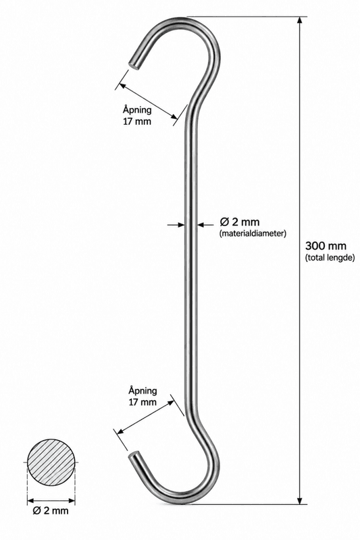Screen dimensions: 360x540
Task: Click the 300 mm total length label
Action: coord(326,246)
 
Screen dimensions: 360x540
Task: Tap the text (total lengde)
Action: coord(330,258)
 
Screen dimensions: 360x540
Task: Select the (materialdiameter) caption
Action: coord(253,234)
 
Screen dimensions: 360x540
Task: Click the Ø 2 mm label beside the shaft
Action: coord(239,222)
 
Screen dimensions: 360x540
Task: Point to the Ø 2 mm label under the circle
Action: coord(51,510)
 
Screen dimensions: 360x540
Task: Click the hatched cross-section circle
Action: coord(51,462)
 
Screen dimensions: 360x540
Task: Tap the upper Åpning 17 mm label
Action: coord(136,115)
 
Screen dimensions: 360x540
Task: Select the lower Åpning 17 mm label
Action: coord(143,396)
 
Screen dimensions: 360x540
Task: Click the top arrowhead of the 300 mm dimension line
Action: coord(300,20)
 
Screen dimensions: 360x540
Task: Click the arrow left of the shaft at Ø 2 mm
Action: coord(176,225)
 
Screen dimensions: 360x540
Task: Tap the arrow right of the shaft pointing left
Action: coord(205,225)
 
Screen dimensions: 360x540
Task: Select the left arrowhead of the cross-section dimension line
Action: coord(31,500)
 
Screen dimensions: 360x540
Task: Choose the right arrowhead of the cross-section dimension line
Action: coord(72,500)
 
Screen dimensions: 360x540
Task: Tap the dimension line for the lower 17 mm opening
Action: coord(145,416)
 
